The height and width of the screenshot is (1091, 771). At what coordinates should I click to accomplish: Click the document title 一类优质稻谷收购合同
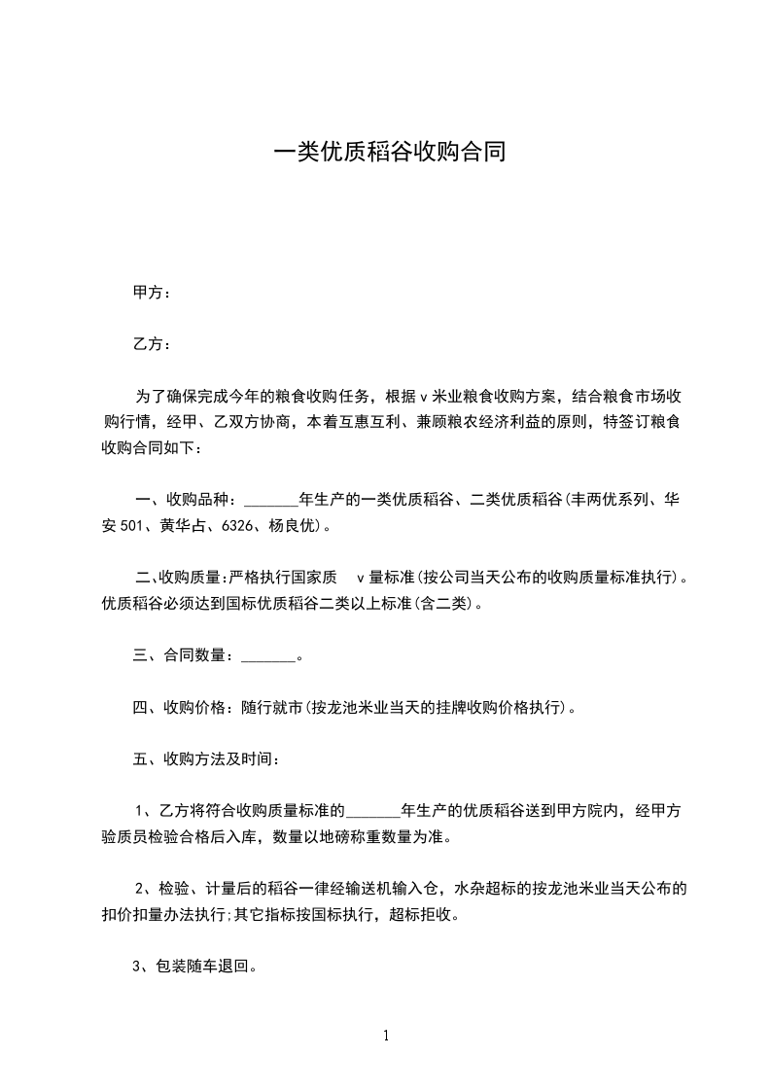(389, 153)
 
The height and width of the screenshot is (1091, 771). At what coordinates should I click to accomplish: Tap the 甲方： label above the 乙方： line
(152, 293)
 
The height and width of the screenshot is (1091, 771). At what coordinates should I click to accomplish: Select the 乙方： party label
(152, 344)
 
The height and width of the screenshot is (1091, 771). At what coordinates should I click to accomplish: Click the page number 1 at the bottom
(386, 1036)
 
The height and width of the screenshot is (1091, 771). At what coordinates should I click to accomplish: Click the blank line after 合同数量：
(266, 656)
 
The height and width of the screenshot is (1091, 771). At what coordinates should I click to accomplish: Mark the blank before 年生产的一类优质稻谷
(271, 501)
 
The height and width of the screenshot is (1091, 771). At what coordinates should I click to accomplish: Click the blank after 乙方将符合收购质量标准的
(372, 810)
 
